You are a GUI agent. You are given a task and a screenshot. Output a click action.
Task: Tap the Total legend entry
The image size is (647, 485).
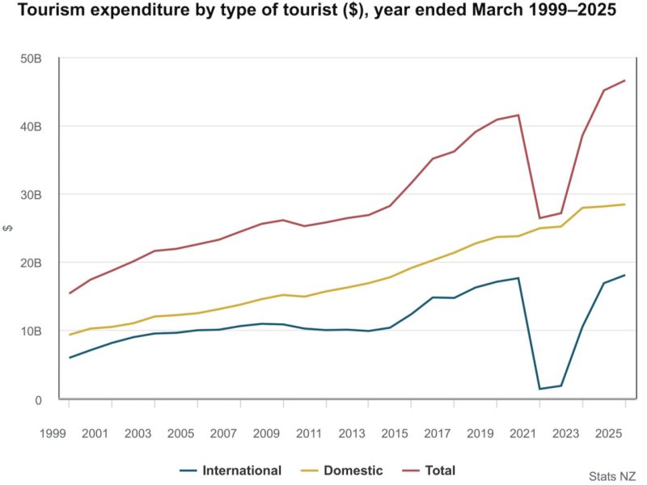click(429, 470)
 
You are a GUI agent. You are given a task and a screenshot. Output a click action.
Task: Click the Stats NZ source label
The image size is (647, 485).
click(612, 476)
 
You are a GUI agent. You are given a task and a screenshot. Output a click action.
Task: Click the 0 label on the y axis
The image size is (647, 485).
click(37, 399)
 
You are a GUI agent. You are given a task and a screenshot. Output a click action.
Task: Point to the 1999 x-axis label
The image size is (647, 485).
click(51, 433)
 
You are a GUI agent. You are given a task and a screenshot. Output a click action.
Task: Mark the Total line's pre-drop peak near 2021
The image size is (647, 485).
click(518, 115)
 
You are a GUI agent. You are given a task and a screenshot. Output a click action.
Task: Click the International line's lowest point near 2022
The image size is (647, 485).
click(539, 389)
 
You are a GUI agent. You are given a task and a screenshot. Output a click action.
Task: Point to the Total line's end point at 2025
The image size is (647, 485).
click(624, 80)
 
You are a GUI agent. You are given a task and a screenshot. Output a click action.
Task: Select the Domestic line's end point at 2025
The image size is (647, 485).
click(624, 205)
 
